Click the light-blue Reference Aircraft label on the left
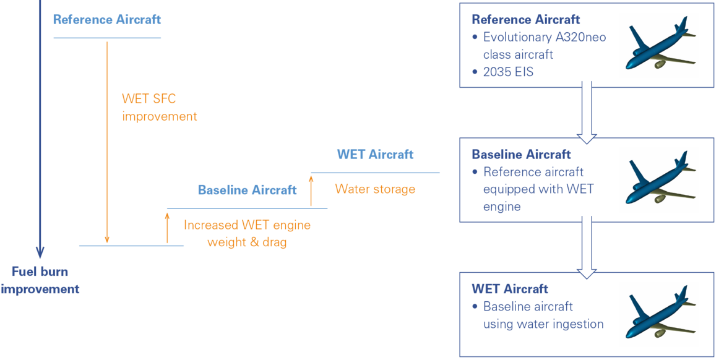107,20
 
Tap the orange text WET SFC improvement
159,107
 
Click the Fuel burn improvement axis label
40,280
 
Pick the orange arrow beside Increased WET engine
167,227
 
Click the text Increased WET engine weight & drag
247,234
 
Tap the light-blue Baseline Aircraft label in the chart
247,190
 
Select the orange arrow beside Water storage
311,190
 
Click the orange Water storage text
375,189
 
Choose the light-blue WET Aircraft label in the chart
375,153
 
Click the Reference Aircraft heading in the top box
525,20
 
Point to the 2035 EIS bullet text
508,72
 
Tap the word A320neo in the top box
580,37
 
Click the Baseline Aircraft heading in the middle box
521,154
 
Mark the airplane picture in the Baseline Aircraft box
660,179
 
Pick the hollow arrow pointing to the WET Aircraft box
587,247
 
